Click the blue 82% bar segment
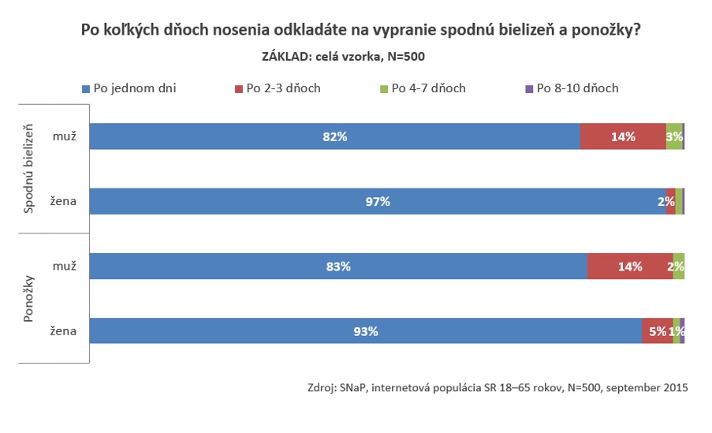pyautogui.click(x=334, y=136)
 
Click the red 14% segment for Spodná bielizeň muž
pyautogui.click(x=623, y=136)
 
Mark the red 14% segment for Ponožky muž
pyautogui.click(x=630, y=267)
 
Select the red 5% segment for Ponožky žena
pyautogui.click(x=657, y=331)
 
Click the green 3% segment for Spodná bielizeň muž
pyautogui.click(x=674, y=136)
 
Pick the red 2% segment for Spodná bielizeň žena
pyautogui.click(x=670, y=201)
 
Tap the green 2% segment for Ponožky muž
pyautogui.click(x=678, y=267)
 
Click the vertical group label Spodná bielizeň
pyautogui.click(x=30, y=167)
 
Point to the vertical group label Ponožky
pyautogui.click(x=30, y=298)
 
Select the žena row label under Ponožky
pyautogui.click(x=63, y=331)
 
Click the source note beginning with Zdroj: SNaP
pyautogui.click(x=498, y=387)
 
